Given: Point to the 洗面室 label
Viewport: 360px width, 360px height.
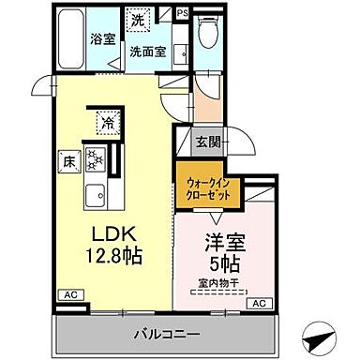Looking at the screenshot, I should click(147, 52).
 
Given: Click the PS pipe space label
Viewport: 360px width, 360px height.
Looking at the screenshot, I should click(183, 14).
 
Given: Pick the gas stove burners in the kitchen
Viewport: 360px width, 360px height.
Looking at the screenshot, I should click(94, 159).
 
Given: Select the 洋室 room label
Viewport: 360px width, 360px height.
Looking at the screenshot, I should click(225, 240).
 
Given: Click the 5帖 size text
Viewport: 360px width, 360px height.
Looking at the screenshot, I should click(225, 262).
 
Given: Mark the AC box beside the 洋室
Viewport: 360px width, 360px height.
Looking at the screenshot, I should click(259, 302).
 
